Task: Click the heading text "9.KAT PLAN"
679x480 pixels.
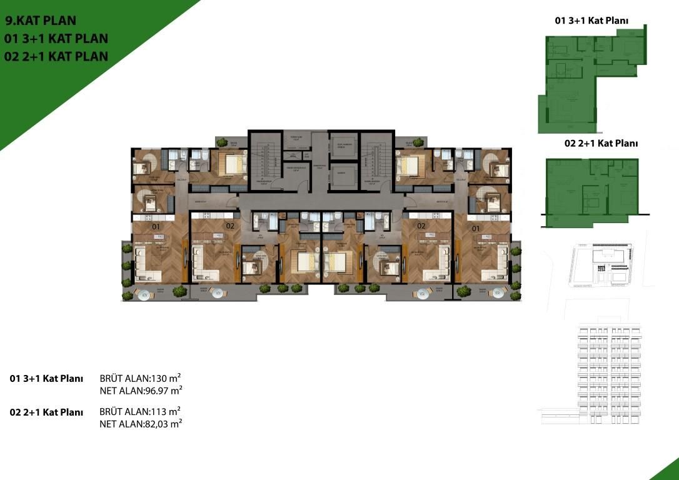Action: point(41,21)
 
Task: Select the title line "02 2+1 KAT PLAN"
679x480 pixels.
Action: point(56,56)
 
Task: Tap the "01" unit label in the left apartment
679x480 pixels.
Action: point(156,226)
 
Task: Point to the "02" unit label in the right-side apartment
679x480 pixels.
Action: point(421,226)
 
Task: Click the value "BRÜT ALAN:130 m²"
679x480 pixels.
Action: point(141,378)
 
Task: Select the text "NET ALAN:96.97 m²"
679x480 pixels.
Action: point(141,391)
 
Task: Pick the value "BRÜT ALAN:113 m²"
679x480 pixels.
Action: point(141,411)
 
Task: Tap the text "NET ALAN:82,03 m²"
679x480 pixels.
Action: point(141,424)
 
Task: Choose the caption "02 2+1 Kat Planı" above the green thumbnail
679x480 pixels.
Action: point(601,143)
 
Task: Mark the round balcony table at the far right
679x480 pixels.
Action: point(498,292)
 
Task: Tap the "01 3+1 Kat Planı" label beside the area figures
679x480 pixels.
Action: point(47,379)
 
